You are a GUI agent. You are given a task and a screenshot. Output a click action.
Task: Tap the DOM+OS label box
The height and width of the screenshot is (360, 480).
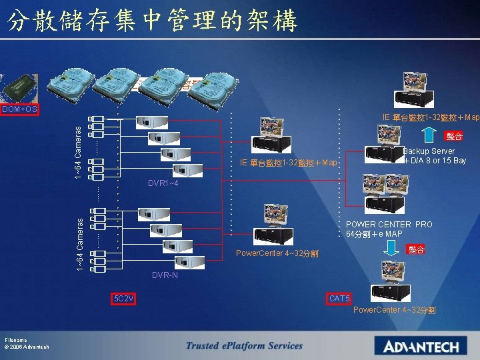pyautogui.click(x=19, y=109)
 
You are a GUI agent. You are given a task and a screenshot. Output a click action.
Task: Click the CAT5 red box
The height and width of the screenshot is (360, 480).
pyautogui.click(x=340, y=298)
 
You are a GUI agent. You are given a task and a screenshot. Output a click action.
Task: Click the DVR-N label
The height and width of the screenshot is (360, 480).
pyautogui.click(x=165, y=275)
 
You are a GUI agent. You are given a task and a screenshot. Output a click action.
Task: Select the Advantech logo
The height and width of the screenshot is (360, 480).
pyautogui.click(x=421, y=346)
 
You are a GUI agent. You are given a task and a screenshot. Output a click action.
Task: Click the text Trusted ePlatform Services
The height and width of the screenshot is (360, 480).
pyautogui.click(x=244, y=345)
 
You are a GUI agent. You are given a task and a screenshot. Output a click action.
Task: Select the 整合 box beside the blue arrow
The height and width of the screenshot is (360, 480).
pyautogui.click(x=417, y=249)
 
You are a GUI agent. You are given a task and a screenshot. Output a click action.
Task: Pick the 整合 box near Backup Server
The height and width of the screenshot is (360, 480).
pyautogui.click(x=455, y=136)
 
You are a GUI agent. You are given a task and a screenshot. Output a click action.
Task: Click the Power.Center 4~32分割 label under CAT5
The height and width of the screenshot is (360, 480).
pyautogui.click(x=395, y=310)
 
